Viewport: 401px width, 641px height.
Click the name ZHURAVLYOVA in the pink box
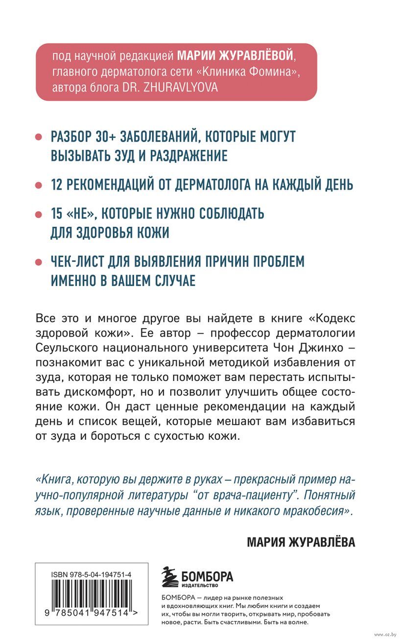(x=176, y=87)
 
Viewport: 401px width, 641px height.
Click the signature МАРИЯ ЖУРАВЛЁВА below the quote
(x=301, y=542)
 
